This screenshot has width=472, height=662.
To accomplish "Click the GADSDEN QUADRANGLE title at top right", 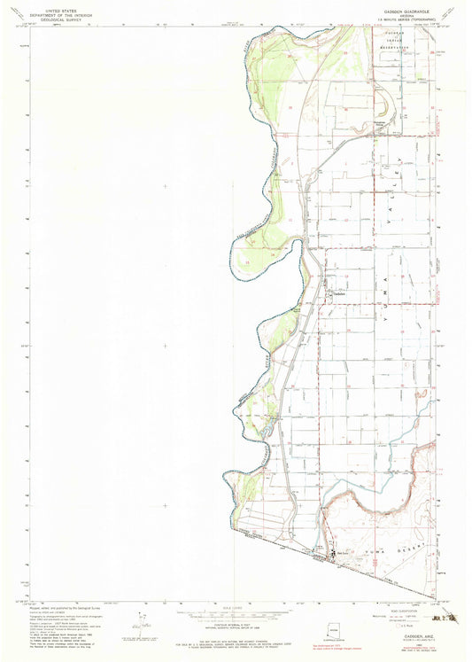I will tap(408, 5).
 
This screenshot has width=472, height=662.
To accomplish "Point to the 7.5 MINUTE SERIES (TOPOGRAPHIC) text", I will tap(408, 15).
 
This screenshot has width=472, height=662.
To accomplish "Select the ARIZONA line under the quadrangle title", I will tap(408, 11).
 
